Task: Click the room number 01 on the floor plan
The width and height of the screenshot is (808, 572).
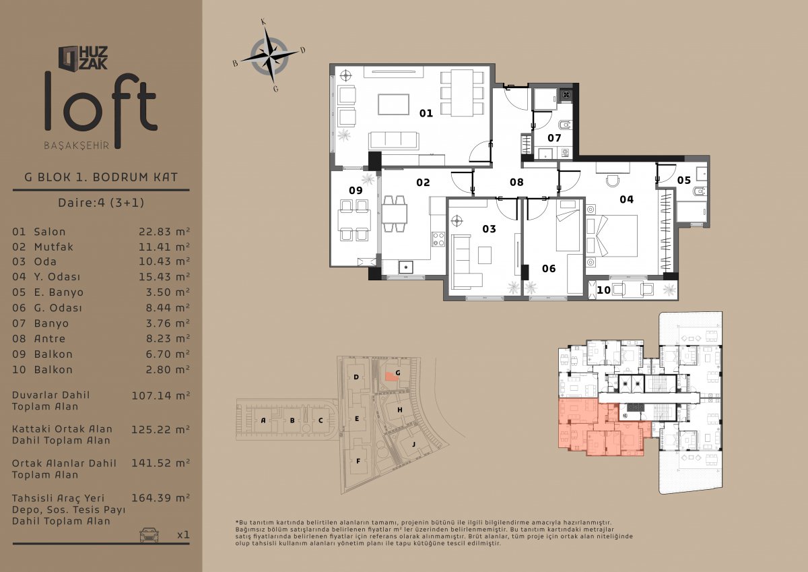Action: (426, 113)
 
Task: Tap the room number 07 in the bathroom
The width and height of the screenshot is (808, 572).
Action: (554, 138)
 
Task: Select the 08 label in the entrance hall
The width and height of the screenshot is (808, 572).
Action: (516, 183)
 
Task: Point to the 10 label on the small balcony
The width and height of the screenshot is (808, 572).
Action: (603, 290)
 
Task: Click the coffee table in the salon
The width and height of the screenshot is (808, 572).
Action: (393, 104)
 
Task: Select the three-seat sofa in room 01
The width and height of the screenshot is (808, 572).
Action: (393, 141)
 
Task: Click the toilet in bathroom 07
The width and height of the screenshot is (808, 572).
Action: (565, 125)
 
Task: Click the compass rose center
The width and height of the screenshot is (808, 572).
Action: (269, 55)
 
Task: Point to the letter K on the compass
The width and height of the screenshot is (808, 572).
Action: (263, 22)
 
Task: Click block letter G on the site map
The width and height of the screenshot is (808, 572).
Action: (398, 373)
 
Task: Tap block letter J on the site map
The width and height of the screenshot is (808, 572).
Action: (413, 444)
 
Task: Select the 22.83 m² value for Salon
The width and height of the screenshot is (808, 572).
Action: (164, 231)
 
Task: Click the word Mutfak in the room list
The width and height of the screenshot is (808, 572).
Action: (54, 247)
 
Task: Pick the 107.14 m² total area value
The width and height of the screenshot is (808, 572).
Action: (160, 395)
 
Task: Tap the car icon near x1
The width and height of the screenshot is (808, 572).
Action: (149, 534)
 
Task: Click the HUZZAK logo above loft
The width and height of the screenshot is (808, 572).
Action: (83, 58)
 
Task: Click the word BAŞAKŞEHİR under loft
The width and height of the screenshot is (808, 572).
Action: (77, 146)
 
